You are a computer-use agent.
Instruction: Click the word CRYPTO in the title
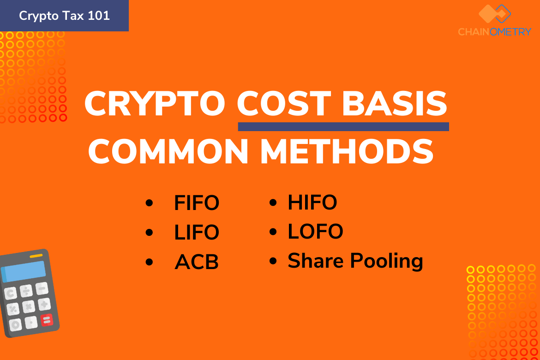point(155,103)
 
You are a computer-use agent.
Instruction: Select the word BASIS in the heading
point(395,103)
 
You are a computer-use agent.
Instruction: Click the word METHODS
point(347,151)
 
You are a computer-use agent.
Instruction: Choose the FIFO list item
point(197,203)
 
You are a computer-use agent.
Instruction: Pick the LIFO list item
point(197,232)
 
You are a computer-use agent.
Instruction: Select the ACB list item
point(197,262)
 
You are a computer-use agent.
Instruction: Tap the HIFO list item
point(312,202)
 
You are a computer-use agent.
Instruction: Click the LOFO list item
point(315,231)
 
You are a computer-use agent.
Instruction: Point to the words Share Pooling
point(355,261)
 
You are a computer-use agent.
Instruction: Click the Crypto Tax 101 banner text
point(65,16)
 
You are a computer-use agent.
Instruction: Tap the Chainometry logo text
point(495,32)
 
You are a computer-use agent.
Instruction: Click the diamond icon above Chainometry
point(495,14)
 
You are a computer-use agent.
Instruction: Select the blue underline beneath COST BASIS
point(343,127)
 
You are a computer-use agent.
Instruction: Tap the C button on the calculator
point(10,293)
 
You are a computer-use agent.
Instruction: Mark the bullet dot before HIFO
point(273,203)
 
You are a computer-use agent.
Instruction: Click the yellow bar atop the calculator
point(36,256)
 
